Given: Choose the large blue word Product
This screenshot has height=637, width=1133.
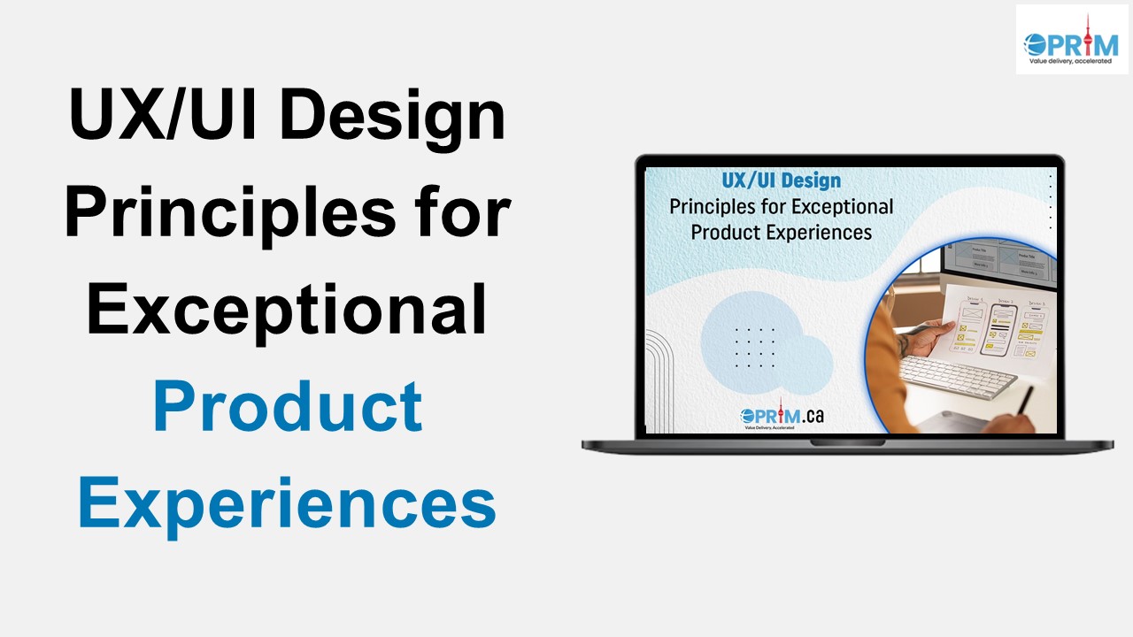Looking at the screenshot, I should pyautogui.click(x=287, y=406).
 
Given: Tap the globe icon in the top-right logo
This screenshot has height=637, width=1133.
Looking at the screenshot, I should pyautogui.click(x=1035, y=44).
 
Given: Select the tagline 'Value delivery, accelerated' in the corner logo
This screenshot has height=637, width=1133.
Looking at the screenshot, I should pyautogui.click(x=1069, y=61).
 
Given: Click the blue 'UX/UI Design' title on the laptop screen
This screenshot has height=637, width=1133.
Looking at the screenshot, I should pyautogui.click(x=781, y=181).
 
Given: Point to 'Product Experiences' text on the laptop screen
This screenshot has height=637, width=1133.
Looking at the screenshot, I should pyautogui.click(x=781, y=233).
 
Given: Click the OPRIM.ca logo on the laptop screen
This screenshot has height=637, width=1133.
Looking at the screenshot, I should pyautogui.click(x=781, y=416).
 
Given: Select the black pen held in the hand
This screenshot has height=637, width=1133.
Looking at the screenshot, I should pyautogui.click(x=1026, y=400).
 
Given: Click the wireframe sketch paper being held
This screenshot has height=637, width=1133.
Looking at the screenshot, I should pyautogui.click(x=1000, y=327).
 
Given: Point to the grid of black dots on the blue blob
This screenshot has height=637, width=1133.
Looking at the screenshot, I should pyautogui.click(x=755, y=348).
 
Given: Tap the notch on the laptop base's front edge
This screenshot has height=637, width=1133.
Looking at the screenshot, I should pyautogui.click(x=848, y=441).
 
